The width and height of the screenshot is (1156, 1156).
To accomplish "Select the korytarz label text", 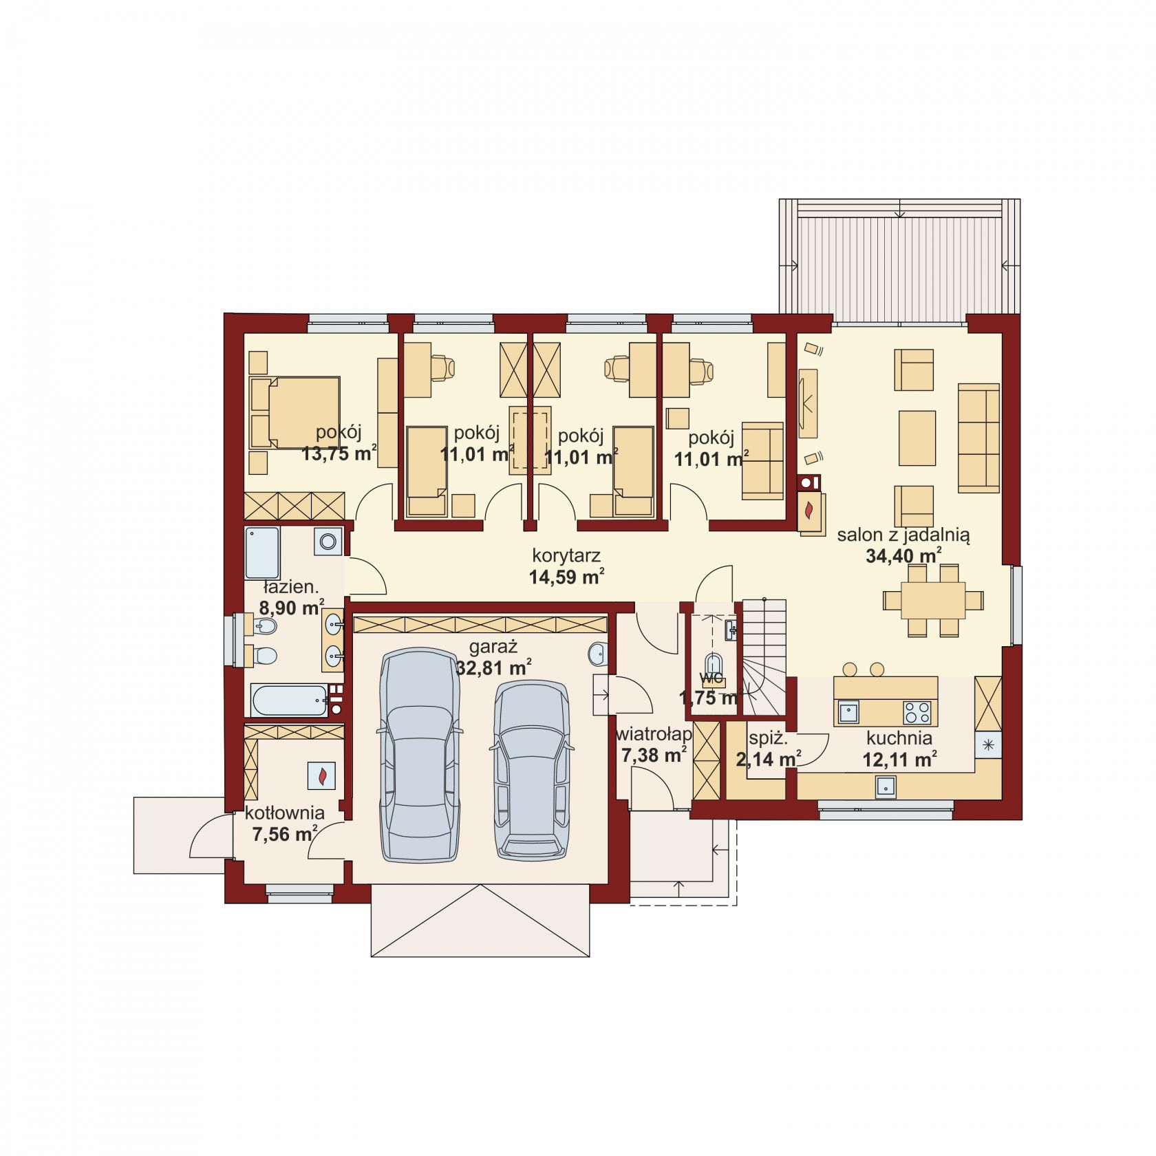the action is click(567, 555).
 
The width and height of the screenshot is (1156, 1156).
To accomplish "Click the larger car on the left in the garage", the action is click(420, 756).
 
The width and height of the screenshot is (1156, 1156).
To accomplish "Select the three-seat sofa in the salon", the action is click(978, 438).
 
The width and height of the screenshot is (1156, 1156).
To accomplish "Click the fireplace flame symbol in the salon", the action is click(809, 510).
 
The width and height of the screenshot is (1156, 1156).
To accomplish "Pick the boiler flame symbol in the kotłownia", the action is click(321, 775).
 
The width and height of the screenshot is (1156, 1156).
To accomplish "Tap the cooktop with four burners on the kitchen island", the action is click(917, 712).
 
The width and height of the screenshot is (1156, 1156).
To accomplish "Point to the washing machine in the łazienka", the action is click(328, 541).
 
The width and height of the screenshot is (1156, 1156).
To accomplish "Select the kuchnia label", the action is click(899, 738).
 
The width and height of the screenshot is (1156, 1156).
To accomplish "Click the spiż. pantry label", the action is click(768, 740).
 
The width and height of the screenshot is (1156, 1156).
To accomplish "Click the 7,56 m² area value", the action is click(284, 835).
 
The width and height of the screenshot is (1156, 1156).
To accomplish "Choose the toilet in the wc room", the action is click(714, 665).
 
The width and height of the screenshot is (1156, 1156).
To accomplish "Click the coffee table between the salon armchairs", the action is click(917, 438).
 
